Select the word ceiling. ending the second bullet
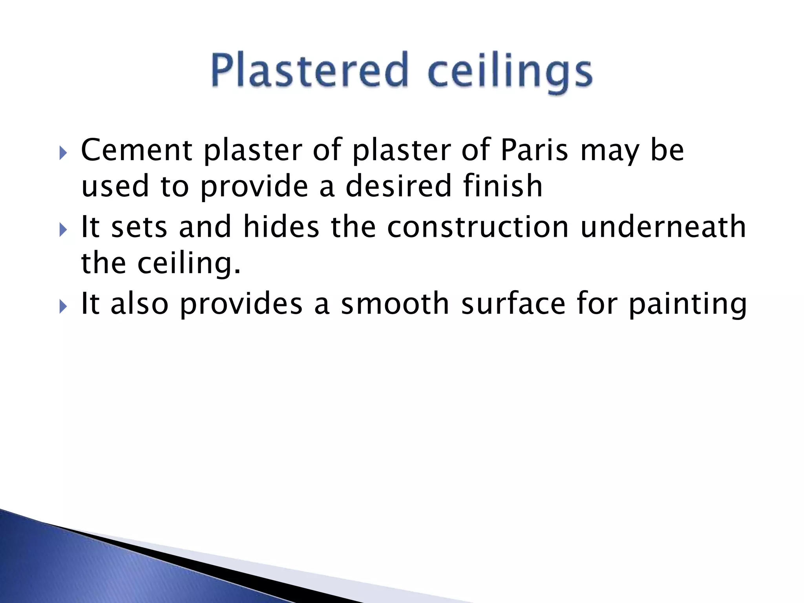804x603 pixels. tap(188, 263)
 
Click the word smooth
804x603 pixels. tap(395, 304)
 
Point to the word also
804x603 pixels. tap(139, 304)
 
